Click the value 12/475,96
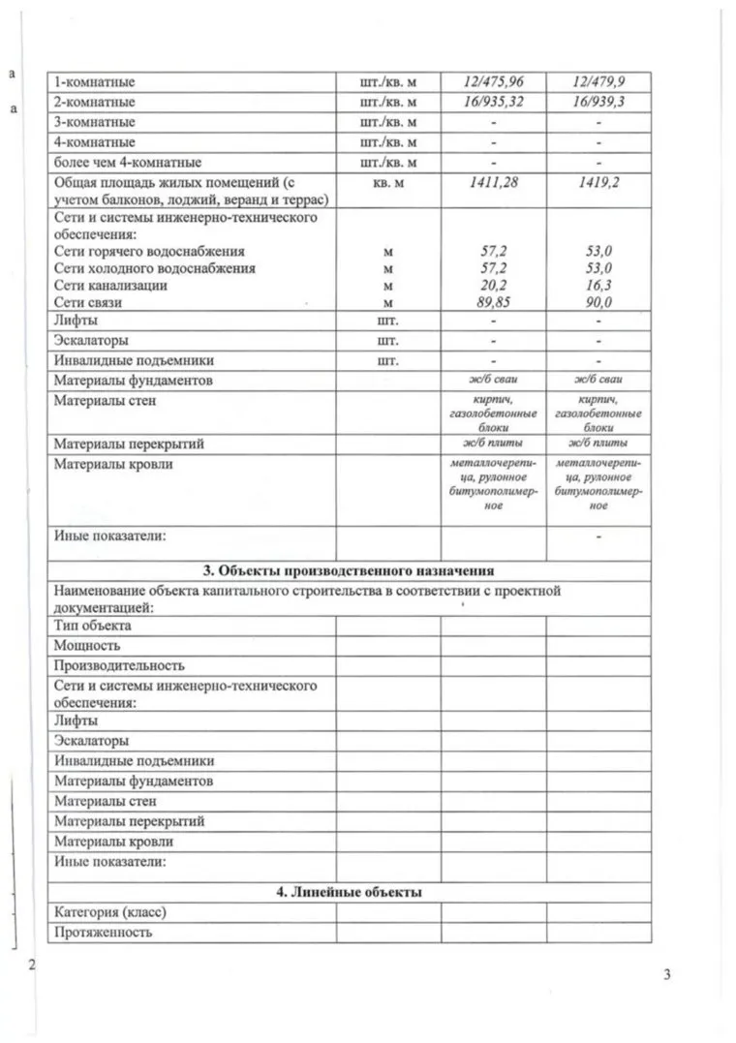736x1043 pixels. pos(494,82)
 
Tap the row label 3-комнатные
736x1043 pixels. pos(94,122)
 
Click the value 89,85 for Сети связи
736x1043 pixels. pos(494,302)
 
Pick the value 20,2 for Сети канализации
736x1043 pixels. pos(494,286)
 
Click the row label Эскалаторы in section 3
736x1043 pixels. pos(91,741)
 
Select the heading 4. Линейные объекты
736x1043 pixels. pos(349,892)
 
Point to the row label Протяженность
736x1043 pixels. pos(104,933)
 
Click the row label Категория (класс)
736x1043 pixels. pos(117,912)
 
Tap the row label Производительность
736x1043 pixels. pos(119,666)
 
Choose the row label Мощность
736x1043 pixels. pos(87,646)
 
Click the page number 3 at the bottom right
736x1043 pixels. pos(667,974)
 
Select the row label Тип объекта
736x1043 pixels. pos(93,626)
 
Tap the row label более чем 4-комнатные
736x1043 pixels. pos(127,162)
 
